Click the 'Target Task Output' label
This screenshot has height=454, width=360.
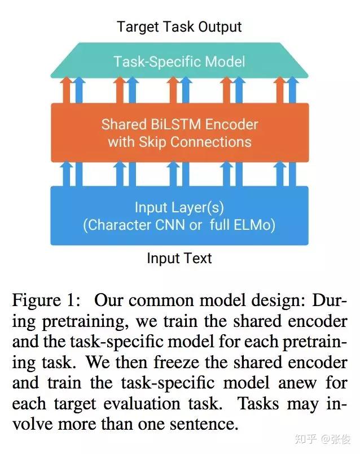coord(179,27)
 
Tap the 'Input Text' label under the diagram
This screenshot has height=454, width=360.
coord(179,259)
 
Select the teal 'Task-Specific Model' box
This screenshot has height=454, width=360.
coord(179,61)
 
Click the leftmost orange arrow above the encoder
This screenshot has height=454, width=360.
coord(67,90)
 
